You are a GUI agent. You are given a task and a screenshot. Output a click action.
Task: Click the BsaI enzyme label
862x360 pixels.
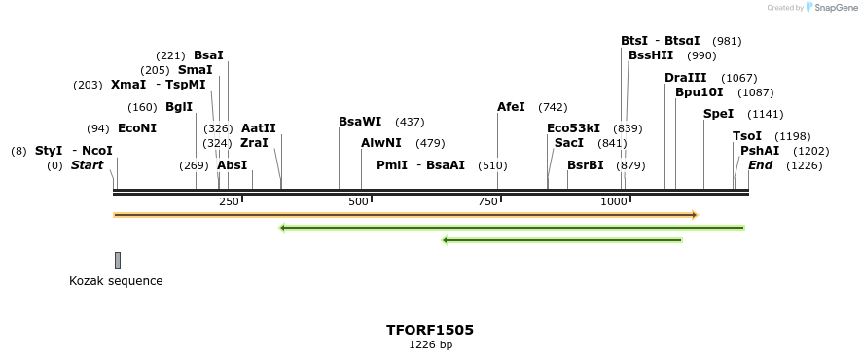pos(208,55)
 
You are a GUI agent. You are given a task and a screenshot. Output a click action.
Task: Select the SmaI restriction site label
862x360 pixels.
pos(195,70)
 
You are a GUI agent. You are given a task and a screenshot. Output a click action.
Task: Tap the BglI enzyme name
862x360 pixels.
pos(179,107)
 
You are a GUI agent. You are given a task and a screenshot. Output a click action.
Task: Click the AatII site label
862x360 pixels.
pos(258,128)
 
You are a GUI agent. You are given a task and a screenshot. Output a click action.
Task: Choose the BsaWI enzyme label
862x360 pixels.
pos(360,122)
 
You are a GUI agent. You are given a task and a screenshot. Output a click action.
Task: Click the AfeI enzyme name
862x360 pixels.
pos(511,107)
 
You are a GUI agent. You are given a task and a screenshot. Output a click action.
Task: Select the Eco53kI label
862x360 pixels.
pos(573,128)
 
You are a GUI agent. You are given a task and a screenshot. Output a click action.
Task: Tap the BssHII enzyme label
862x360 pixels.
pos(651,55)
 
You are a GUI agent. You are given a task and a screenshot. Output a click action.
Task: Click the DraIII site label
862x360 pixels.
pos(686,78)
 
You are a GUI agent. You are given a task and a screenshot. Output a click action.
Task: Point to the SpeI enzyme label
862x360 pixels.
pos(718,114)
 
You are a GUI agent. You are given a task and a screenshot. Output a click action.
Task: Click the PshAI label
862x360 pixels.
pos(760,151)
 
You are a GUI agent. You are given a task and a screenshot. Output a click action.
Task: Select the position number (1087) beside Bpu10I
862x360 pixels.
pos(756,92)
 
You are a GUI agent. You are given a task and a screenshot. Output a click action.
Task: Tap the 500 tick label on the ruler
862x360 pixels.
pos(359,201)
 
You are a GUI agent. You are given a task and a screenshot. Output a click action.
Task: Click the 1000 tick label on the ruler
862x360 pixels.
pos(614,201)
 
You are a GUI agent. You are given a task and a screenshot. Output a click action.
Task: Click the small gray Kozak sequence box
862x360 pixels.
pos(118,260)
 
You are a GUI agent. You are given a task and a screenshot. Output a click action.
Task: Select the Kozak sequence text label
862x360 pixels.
pos(116,281)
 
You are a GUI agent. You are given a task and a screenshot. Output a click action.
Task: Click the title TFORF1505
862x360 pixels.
pos(430,330)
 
